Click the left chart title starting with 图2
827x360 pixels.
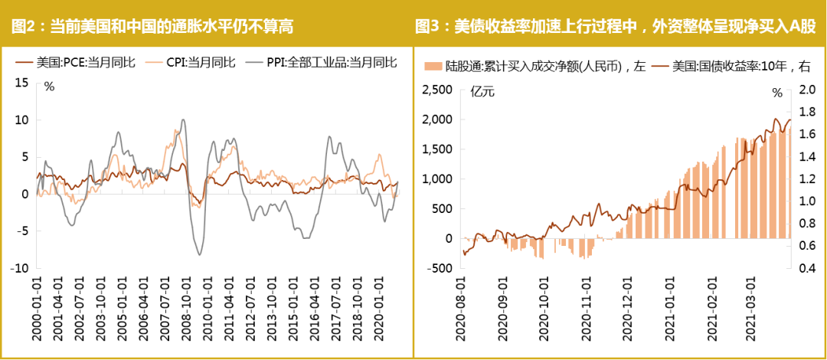[x=152, y=27]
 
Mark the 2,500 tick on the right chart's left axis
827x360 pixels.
[x=438, y=90]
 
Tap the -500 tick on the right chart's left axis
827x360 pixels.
[x=440, y=268]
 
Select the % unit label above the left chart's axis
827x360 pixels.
[x=49, y=87]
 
